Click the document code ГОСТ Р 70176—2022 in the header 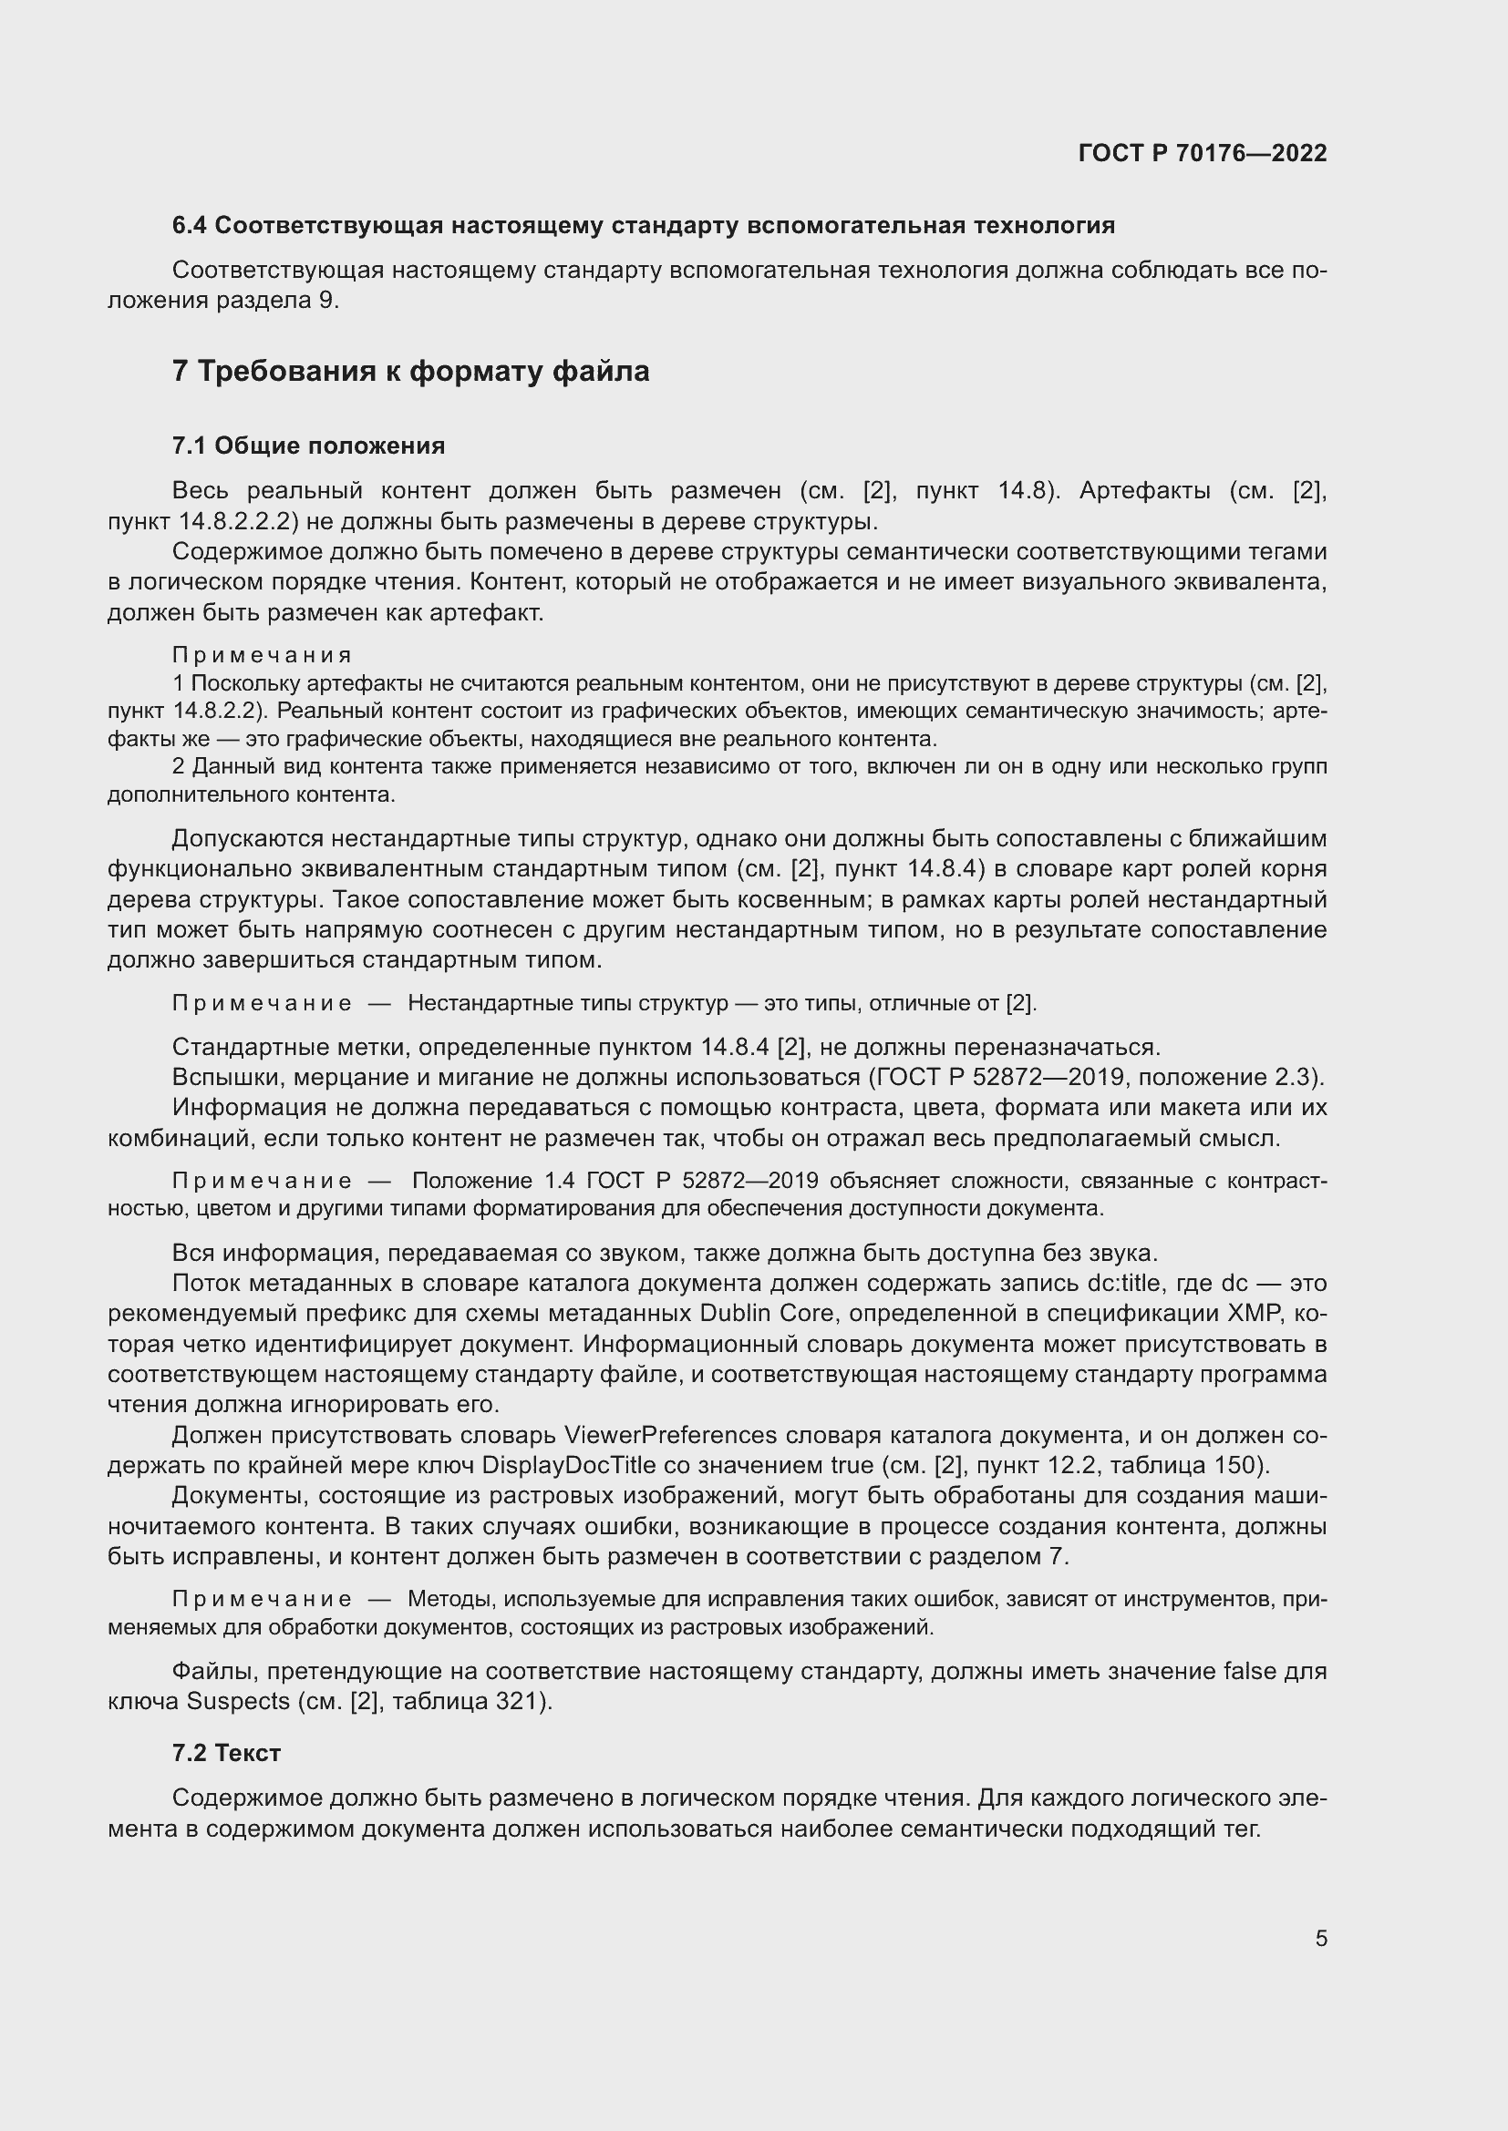[x=1203, y=153]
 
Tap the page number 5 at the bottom [x=1320, y=1938]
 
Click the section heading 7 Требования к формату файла [x=410, y=371]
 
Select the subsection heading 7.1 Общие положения [x=308, y=446]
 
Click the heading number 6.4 [x=190, y=226]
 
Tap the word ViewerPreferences [x=670, y=1435]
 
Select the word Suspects [x=239, y=1701]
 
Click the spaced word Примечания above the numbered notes [x=262, y=655]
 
